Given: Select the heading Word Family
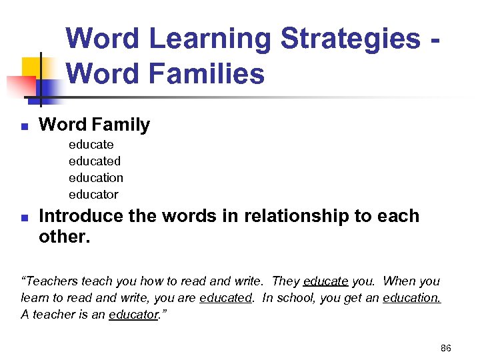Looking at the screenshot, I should tap(94, 125).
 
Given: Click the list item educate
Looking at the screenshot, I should tap(91, 145).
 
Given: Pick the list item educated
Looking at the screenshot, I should tap(94, 161).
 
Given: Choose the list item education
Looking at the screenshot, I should tap(95, 178).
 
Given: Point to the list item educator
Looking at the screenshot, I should tap(93, 195).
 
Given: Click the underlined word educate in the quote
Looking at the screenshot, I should tap(325, 281).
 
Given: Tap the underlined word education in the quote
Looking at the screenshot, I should tap(411, 298).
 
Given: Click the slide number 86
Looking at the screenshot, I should tap(446, 348).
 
